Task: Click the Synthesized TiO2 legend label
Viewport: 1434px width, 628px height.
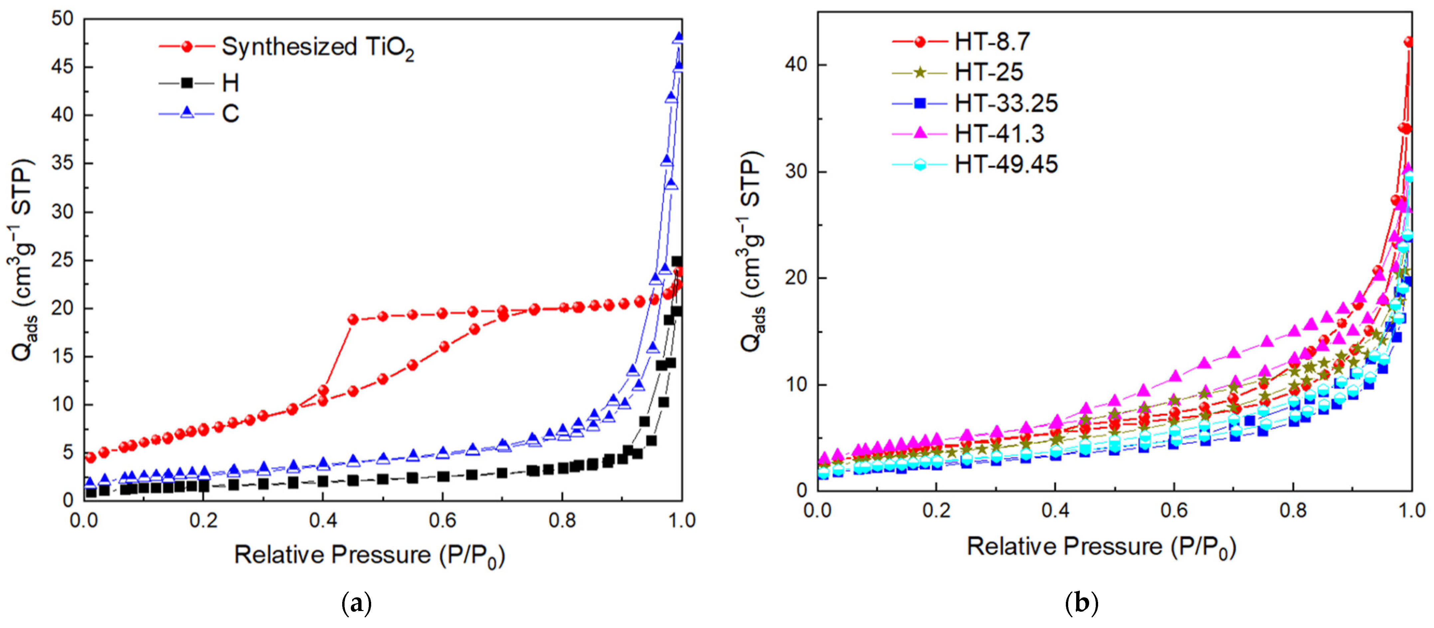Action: [317, 47]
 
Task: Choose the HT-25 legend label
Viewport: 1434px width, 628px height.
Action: [989, 73]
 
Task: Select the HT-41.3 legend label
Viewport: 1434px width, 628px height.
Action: [999, 134]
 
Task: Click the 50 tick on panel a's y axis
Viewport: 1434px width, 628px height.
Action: [62, 19]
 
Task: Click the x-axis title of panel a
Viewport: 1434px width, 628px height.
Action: [369, 555]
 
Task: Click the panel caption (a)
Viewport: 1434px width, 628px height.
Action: [356, 603]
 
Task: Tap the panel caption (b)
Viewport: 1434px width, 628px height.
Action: [1081, 603]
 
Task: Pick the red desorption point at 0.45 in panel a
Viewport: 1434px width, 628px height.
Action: [353, 319]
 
